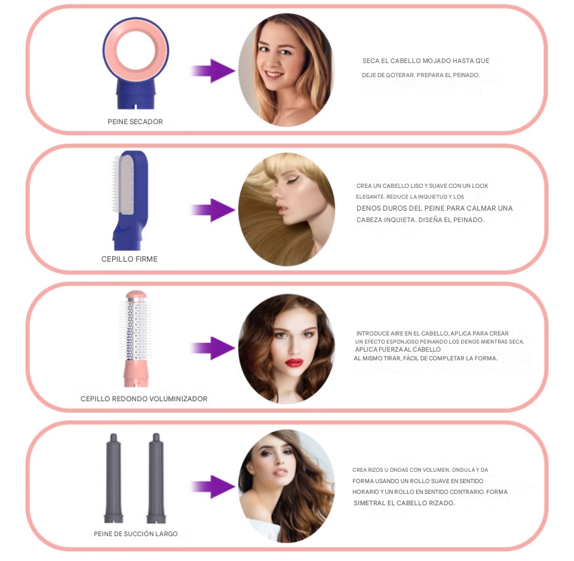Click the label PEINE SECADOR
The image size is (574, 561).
[x=135, y=121]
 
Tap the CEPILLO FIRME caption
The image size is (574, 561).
[x=129, y=259]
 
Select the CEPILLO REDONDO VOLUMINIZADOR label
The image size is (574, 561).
[x=144, y=399]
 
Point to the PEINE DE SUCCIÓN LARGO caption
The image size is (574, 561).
[x=136, y=534]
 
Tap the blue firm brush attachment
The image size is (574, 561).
[x=131, y=200]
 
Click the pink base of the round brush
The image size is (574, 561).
[x=136, y=374]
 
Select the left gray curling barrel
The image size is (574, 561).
[x=113, y=478]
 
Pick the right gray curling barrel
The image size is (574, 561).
[x=156, y=478]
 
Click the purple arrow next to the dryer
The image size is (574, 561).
[x=213, y=70]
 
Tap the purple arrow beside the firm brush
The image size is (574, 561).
[x=213, y=211]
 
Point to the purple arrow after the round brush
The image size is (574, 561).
[x=213, y=348]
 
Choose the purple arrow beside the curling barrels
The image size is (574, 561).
[x=213, y=487]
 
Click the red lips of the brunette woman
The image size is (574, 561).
[x=294, y=362]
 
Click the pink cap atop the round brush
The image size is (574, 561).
[x=136, y=295]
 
